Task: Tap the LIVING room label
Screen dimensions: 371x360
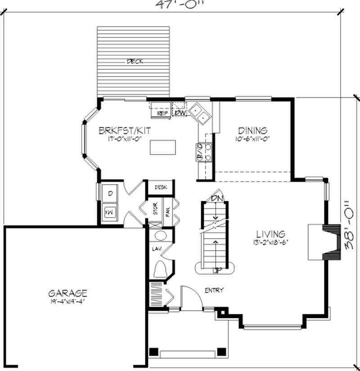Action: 270,234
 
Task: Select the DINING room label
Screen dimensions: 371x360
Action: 253,131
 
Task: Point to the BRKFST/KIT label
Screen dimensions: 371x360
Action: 125,131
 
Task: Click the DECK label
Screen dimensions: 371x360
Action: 135,62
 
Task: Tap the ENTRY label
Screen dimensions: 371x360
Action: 214,290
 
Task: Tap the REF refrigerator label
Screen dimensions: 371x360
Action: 162,113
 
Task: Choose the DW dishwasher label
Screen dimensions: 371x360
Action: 180,113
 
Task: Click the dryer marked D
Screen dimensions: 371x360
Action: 109,194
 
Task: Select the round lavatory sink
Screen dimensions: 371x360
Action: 160,237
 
